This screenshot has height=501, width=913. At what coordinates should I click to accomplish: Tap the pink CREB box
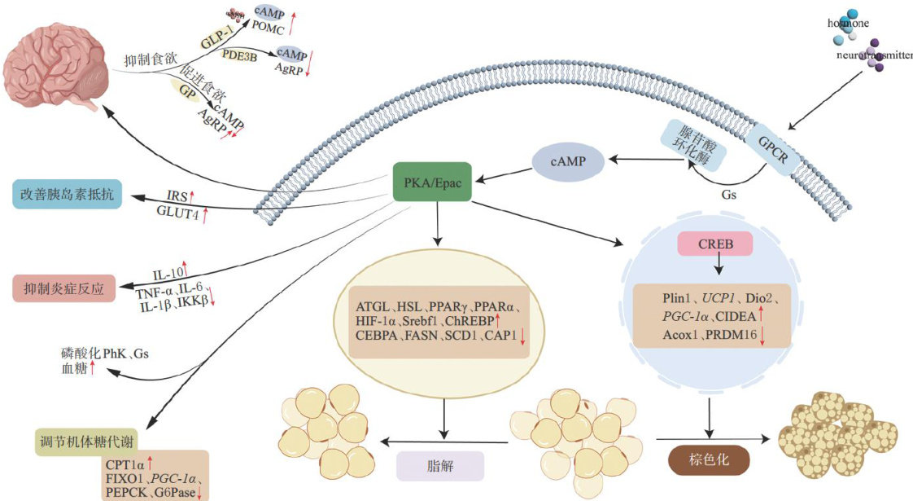coord(715,244)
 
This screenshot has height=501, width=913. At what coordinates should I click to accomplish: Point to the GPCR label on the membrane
coord(771,152)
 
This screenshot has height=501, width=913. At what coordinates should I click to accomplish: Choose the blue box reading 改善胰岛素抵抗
coord(67,195)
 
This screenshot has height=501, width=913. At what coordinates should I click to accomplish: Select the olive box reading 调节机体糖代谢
coord(86,442)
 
